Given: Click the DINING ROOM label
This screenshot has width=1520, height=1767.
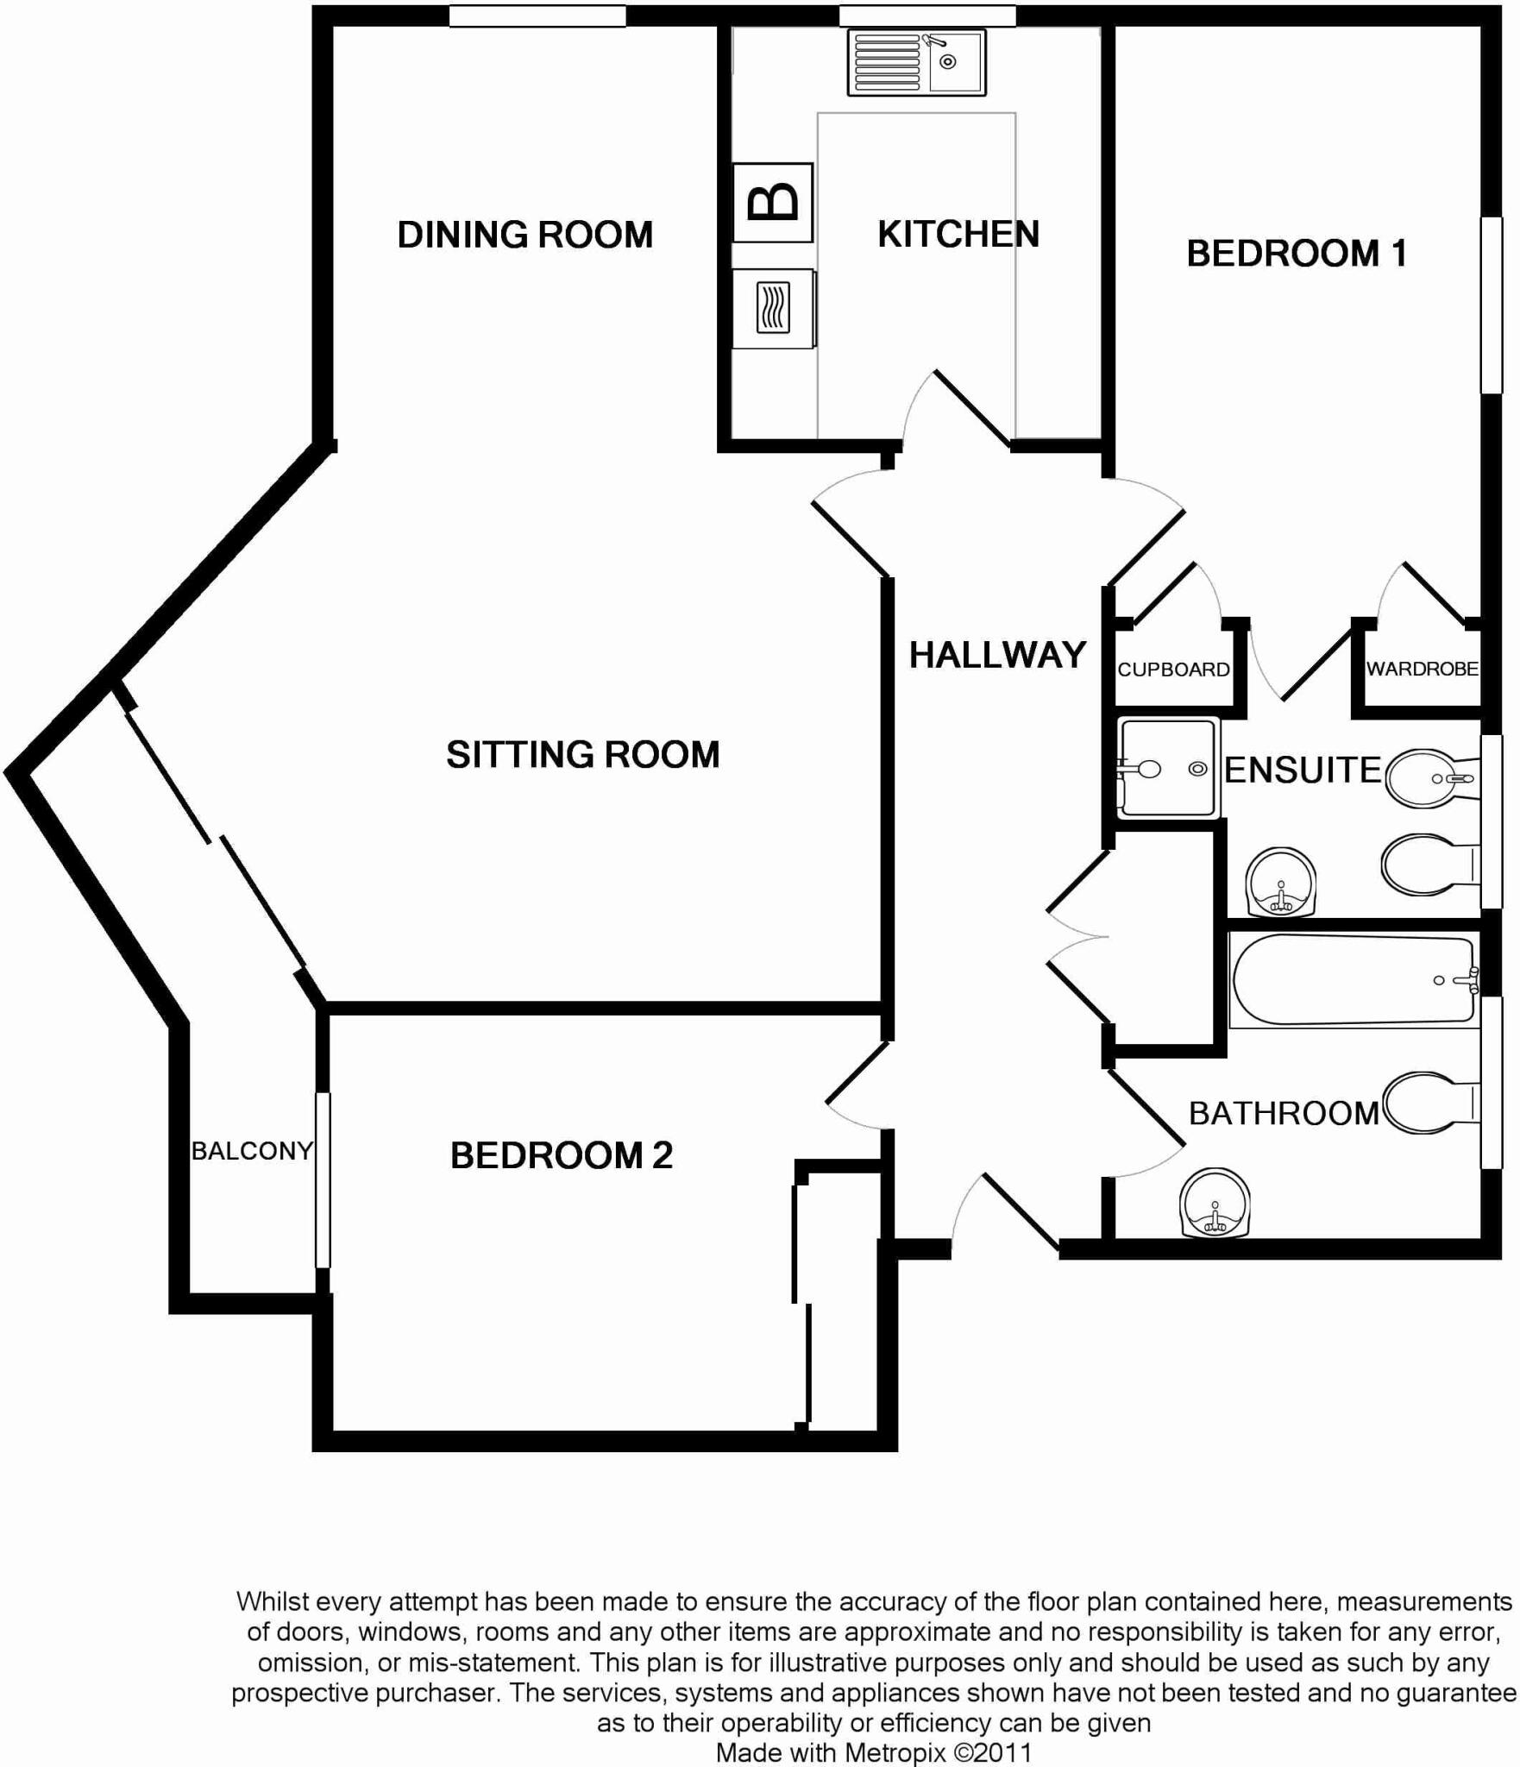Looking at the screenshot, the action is [524, 235].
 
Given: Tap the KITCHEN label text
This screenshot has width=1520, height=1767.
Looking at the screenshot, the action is [958, 234].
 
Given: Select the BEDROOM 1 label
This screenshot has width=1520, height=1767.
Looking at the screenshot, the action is [1296, 253].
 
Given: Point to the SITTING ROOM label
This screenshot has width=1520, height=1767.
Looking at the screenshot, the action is [582, 754].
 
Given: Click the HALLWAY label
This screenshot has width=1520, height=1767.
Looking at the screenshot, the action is [997, 655].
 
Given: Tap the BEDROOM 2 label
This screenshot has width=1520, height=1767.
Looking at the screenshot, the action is [561, 1155].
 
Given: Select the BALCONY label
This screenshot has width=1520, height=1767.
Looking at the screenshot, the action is [251, 1150].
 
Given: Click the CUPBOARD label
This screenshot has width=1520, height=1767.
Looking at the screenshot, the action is [1173, 670].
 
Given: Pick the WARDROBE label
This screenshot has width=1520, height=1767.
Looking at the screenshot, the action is [1422, 669].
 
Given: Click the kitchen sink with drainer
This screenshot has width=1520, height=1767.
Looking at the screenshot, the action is [916, 61].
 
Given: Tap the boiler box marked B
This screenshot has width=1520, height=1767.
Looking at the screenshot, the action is [772, 203].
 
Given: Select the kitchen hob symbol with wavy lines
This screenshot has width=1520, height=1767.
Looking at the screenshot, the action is [773, 308].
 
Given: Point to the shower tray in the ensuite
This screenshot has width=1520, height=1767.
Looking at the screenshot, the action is [1169, 768].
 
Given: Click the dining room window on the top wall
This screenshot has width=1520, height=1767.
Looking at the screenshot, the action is [537, 16].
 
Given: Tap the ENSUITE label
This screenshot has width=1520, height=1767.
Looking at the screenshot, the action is [1302, 770].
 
